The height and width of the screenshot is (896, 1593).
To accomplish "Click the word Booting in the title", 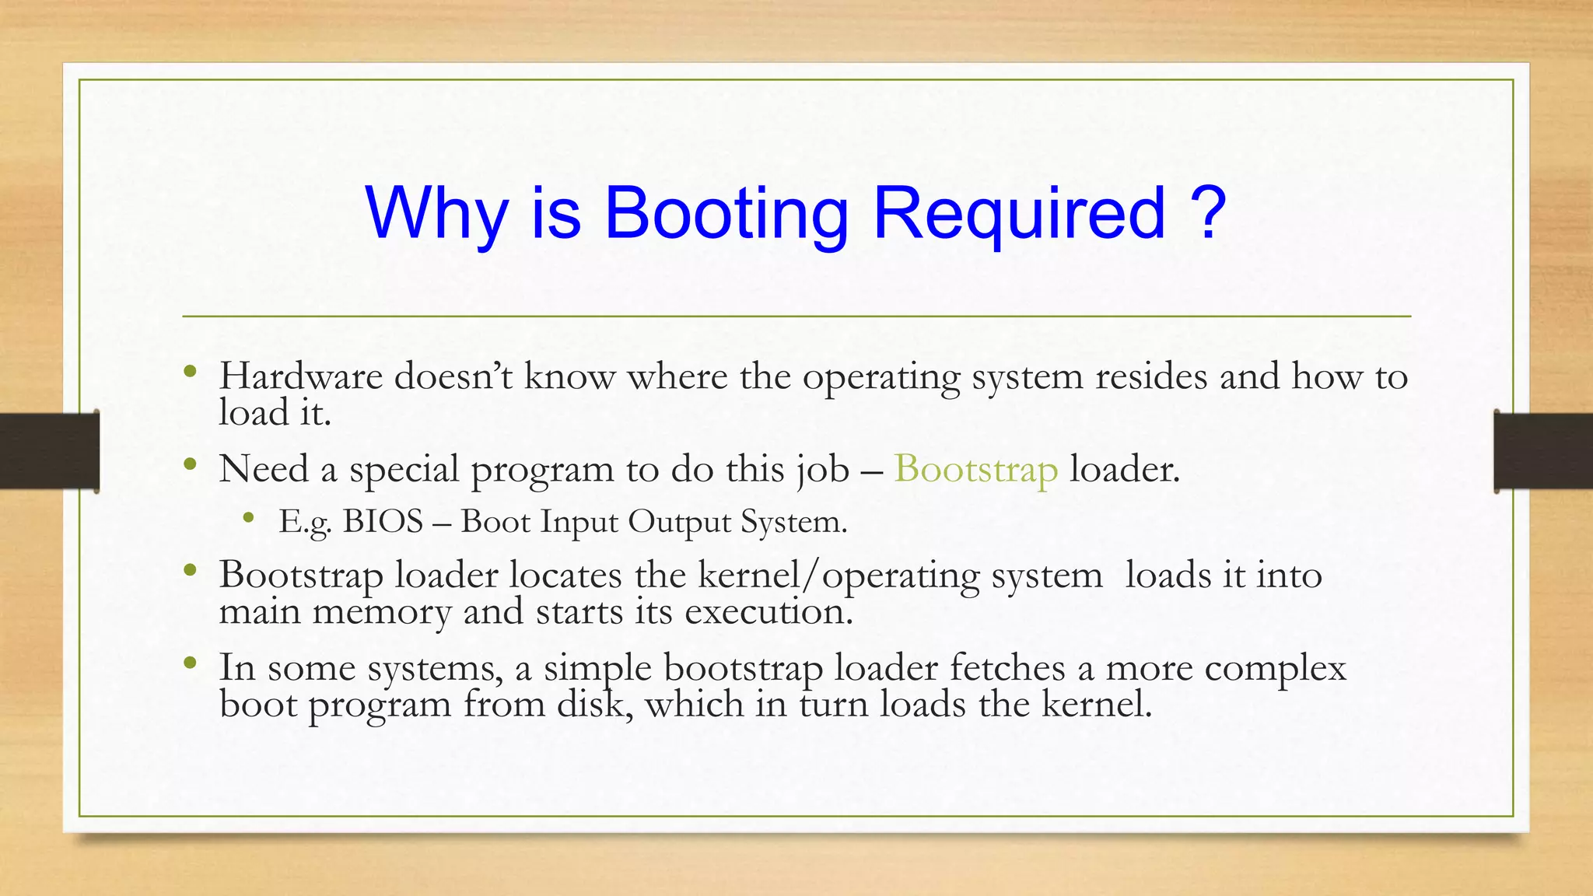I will (x=726, y=214).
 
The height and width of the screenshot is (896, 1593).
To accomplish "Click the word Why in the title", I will (x=436, y=214).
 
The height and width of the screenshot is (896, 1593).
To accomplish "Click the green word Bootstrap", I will (x=975, y=470).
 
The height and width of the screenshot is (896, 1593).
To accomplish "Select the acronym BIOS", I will (x=383, y=521).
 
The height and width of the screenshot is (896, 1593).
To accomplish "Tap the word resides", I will (x=1151, y=376).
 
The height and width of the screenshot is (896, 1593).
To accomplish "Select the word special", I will (x=404, y=470).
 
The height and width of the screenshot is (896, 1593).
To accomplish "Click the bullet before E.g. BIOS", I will (x=248, y=517).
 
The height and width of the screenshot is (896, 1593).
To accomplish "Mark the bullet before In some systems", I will (x=190, y=663).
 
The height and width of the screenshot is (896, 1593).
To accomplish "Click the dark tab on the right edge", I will (x=1543, y=450).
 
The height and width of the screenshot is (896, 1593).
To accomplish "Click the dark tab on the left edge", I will (x=49, y=450).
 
